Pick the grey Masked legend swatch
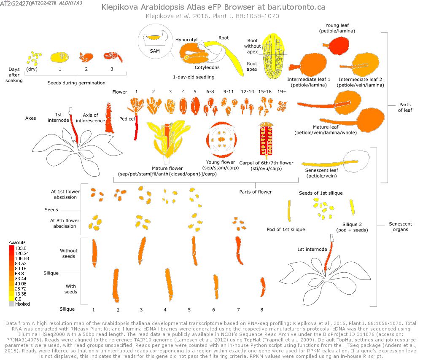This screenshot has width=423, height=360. click(11, 304)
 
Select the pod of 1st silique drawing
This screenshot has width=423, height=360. click(289, 211)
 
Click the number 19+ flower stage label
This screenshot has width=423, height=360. click(282, 91)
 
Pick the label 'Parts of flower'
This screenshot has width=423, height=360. click(256, 192)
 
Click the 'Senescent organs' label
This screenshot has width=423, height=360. click(401, 227)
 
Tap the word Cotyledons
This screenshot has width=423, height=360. click(207, 67)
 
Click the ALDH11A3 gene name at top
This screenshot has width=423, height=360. click(71, 3)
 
